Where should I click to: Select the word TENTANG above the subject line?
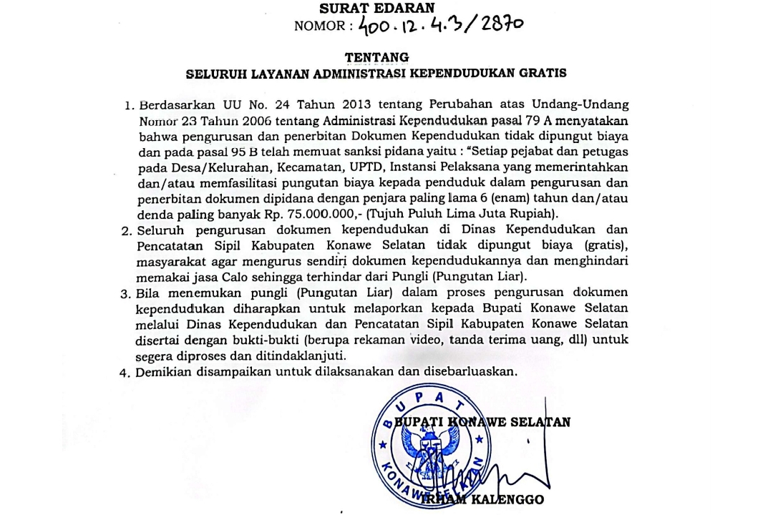(x=376, y=57)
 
